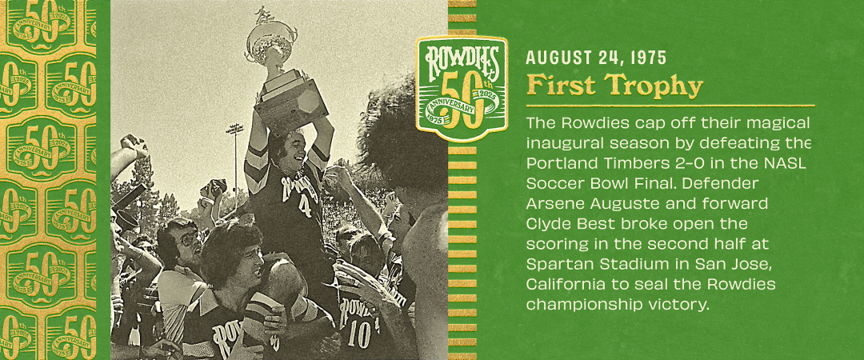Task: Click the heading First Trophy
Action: (614, 86)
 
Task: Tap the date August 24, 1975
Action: (596, 58)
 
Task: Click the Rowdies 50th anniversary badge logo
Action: (462, 88)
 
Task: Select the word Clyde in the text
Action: (543, 225)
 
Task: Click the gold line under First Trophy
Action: (670, 106)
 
